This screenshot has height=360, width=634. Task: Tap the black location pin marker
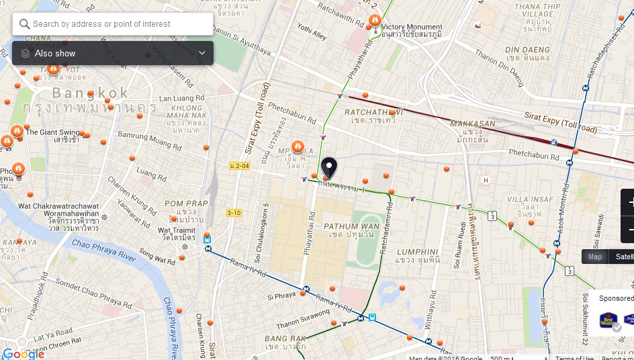click(x=328, y=167)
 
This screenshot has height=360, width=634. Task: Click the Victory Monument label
click(x=412, y=28)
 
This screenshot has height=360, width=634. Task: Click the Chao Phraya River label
click(x=104, y=249)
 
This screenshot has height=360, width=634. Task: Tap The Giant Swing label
click(x=52, y=132)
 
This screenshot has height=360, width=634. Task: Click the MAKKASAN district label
click(x=473, y=124)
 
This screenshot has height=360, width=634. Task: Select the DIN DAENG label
click(x=527, y=50)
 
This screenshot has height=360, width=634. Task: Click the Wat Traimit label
click(x=178, y=230)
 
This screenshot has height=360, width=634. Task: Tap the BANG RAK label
click(x=285, y=339)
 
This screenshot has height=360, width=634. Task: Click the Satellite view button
click(x=624, y=257)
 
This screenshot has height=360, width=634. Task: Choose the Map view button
click(x=595, y=257)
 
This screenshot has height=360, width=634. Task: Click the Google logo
click(x=23, y=353)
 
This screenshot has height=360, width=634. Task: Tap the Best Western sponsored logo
click(x=608, y=320)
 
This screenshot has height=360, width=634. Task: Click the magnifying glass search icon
click(x=25, y=24)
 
